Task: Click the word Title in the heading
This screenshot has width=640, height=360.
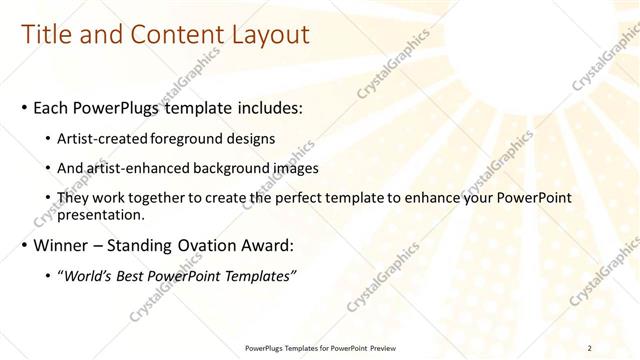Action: [x=47, y=35]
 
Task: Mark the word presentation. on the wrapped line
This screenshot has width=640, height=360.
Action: [x=103, y=214]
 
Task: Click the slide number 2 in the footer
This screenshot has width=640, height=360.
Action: [x=590, y=348]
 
